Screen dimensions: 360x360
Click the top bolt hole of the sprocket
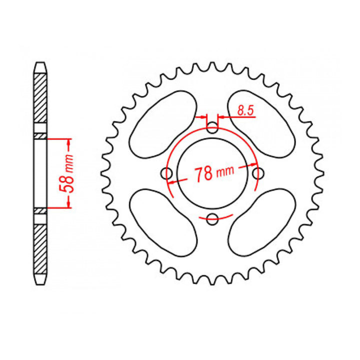point(212,128)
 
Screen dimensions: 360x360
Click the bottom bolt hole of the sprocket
point(212,218)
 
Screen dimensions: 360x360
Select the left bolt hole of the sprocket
point(167,173)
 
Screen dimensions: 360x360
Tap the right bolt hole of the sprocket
point(258,173)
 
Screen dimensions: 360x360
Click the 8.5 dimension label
point(244,111)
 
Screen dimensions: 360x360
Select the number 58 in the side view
point(64,183)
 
